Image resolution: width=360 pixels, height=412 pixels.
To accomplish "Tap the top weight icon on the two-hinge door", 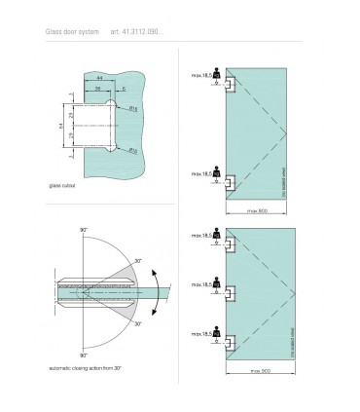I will [218, 74].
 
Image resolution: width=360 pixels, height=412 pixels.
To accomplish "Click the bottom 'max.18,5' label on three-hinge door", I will [200, 331].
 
